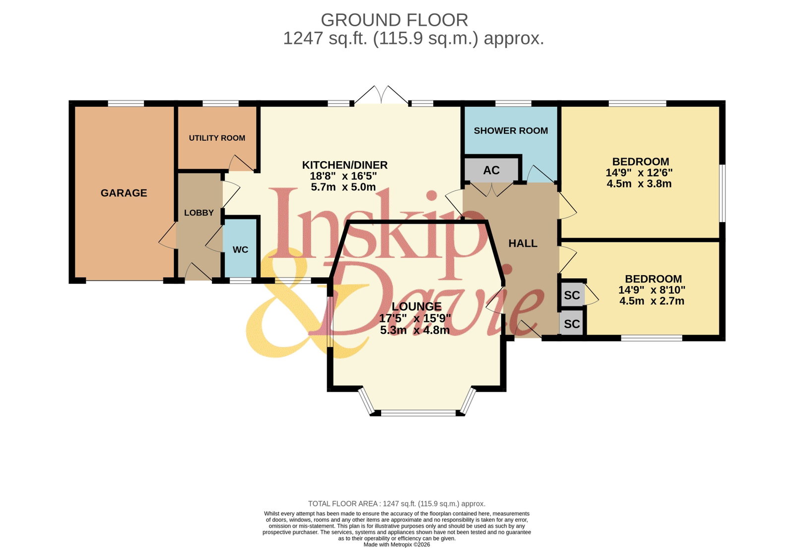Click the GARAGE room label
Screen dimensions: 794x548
pyautogui.click(x=124, y=193)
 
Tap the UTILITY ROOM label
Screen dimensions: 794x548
pyautogui.click(x=217, y=138)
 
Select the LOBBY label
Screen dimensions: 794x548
pyautogui.click(x=199, y=213)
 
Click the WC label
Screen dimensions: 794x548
pyautogui.click(x=240, y=250)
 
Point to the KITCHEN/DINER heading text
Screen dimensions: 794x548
pyautogui.click(x=344, y=165)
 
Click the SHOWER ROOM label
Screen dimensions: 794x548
pyautogui.click(x=511, y=131)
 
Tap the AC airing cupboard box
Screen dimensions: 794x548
pyautogui.click(x=491, y=170)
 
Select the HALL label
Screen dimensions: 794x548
pyautogui.click(x=523, y=244)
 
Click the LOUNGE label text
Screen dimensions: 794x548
pyautogui.click(x=416, y=306)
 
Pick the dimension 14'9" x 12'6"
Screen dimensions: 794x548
pyautogui.click(x=639, y=173)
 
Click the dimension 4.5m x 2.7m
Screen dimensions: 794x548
pyautogui.click(x=652, y=301)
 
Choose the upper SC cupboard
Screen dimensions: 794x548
pyautogui.click(x=572, y=295)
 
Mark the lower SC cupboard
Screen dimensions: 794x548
pyautogui.click(x=572, y=324)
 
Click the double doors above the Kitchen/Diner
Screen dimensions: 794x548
pyautogui.click(x=382, y=95)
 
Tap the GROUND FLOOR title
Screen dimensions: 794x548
pyautogui.click(x=394, y=20)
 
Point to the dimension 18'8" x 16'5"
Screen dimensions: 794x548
pyautogui.click(x=343, y=176)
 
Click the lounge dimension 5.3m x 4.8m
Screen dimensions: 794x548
pyautogui.click(x=415, y=330)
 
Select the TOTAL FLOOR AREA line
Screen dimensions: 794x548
pyautogui.click(x=397, y=504)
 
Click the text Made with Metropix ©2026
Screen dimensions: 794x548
pyautogui.click(x=397, y=545)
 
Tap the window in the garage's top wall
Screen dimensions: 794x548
pyautogui.click(x=126, y=104)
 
